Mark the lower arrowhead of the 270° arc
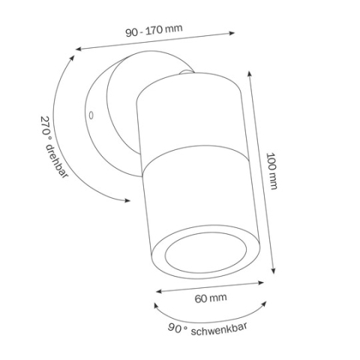click(130, 201)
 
